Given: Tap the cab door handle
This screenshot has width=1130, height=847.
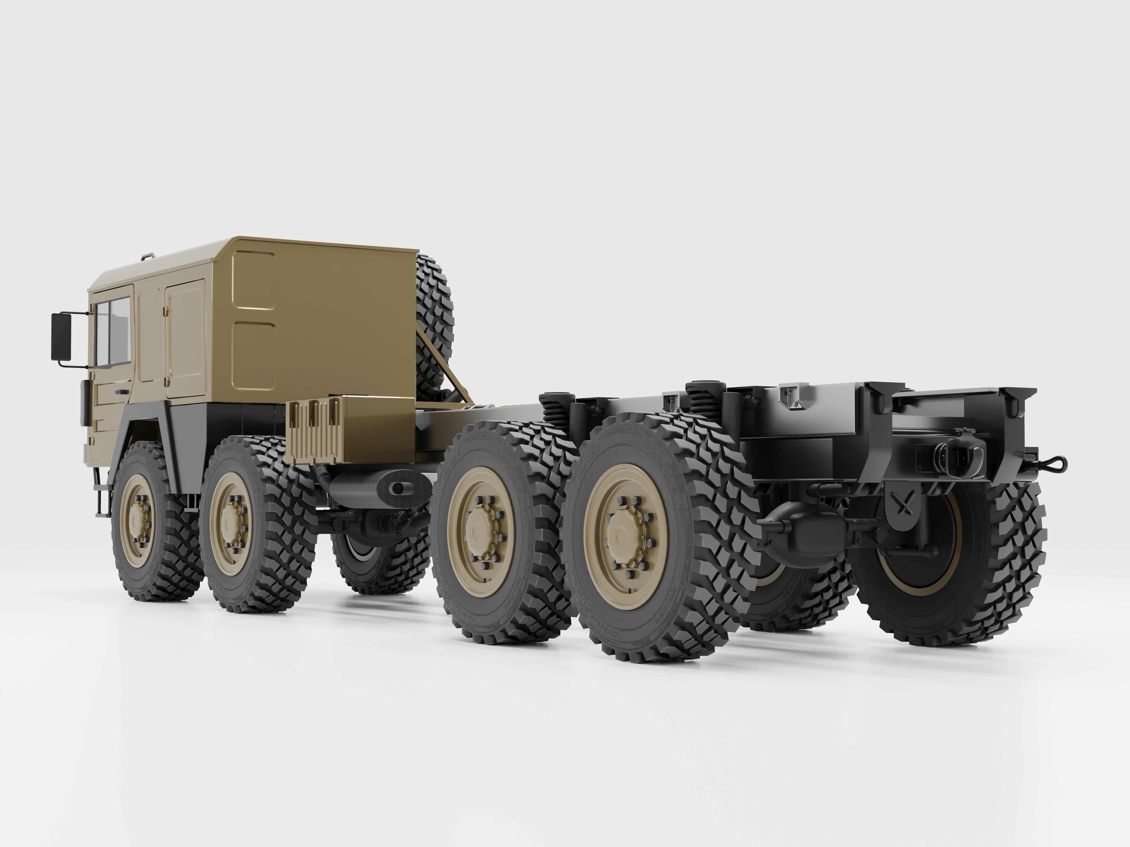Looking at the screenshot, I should [121, 392].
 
